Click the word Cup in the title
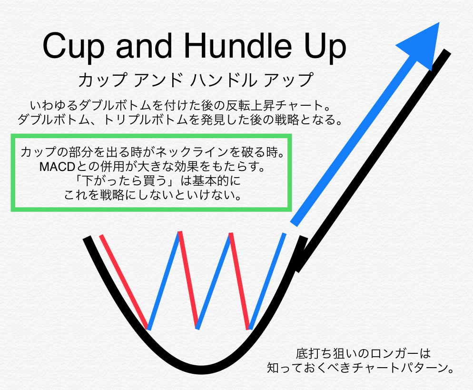[x=73, y=47]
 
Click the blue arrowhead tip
[x=439, y=22]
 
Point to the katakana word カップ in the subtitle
[x=102, y=80]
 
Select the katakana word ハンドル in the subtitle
[x=224, y=80]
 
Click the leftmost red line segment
[x=124, y=282]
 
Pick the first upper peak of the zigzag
[x=180, y=232]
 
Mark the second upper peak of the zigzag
[x=231, y=233]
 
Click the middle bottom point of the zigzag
[x=197, y=328]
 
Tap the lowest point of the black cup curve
[x=200, y=370]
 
